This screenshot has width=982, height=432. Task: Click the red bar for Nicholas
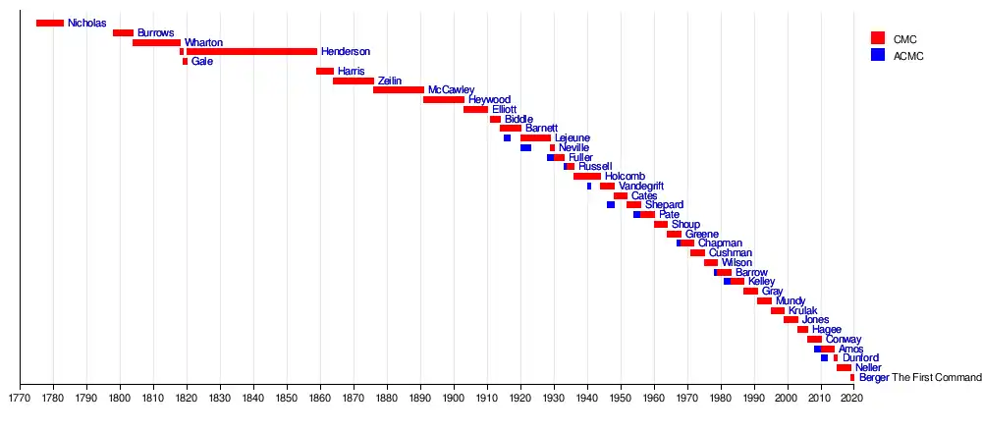pyautogui.click(x=49, y=23)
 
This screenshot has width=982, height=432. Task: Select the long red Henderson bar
pyautogui.click(x=251, y=51)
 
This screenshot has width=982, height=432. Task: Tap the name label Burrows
pyautogui.click(x=155, y=33)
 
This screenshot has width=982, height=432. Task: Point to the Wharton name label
pyautogui.click(x=203, y=43)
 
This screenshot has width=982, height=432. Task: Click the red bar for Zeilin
pyautogui.click(x=354, y=81)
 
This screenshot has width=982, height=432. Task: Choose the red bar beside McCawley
pyautogui.click(x=398, y=90)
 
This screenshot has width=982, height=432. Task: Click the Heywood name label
pyautogui.click(x=489, y=100)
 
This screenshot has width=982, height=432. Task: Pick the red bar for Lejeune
pyautogui.click(x=535, y=138)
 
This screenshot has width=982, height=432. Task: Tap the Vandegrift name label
pyautogui.click(x=641, y=187)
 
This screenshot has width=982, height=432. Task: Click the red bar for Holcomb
pyautogui.click(x=587, y=177)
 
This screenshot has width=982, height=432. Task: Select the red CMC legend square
pyautogui.click(x=878, y=38)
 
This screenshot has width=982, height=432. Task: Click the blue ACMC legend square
pyautogui.click(x=878, y=56)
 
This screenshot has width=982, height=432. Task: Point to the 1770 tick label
pyautogui.click(x=20, y=399)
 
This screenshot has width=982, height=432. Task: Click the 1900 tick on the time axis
pyautogui.click(x=453, y=399)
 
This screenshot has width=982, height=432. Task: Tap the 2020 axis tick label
pyautogui.click(x=852, y=399)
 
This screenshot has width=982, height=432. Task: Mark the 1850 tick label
pyautogui.click(x=286, y=399)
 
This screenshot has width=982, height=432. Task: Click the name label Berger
pyautogui.click(x=873, y=378)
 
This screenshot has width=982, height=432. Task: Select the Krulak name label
pyautogui.click(x=802, y=311)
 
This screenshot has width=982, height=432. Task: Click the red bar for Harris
pyautogui.click(x=325, y=71)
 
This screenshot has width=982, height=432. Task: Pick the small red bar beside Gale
pyautogui.click(x=185, y=62)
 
